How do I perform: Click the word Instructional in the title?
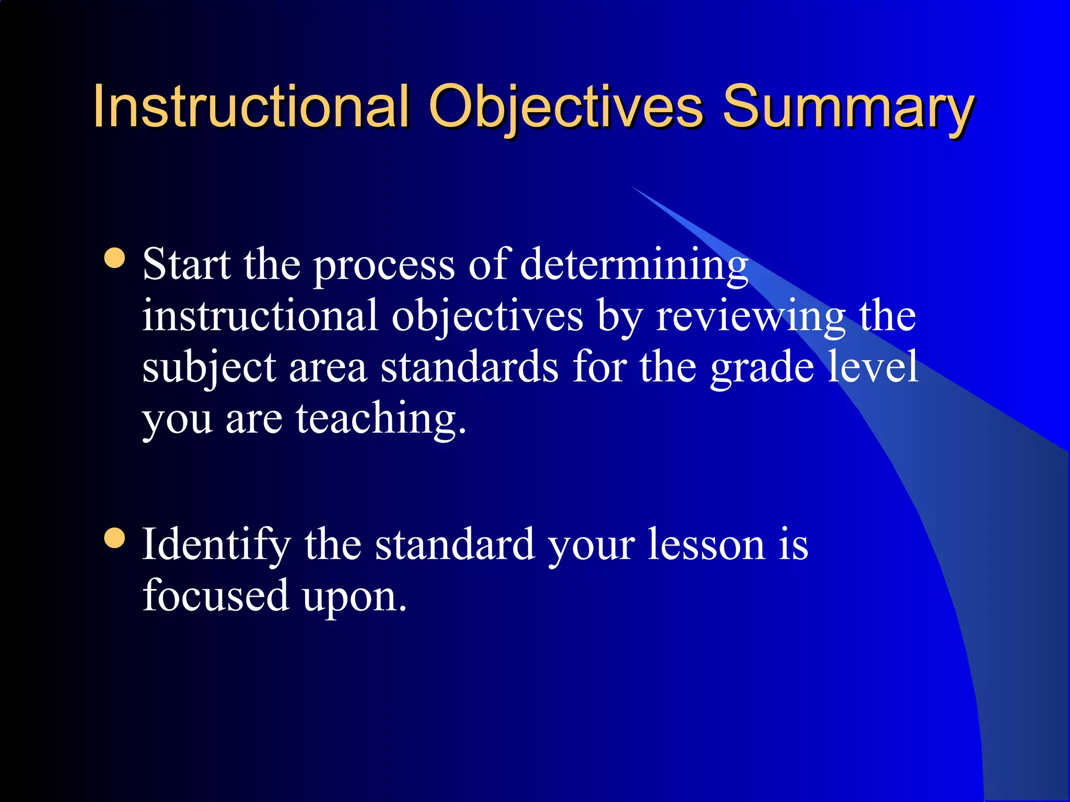[251, 107]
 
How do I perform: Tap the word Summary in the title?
[848, 107]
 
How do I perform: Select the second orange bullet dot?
[114, 538]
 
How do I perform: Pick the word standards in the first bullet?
[469, 367]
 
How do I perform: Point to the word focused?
[216, 595]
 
